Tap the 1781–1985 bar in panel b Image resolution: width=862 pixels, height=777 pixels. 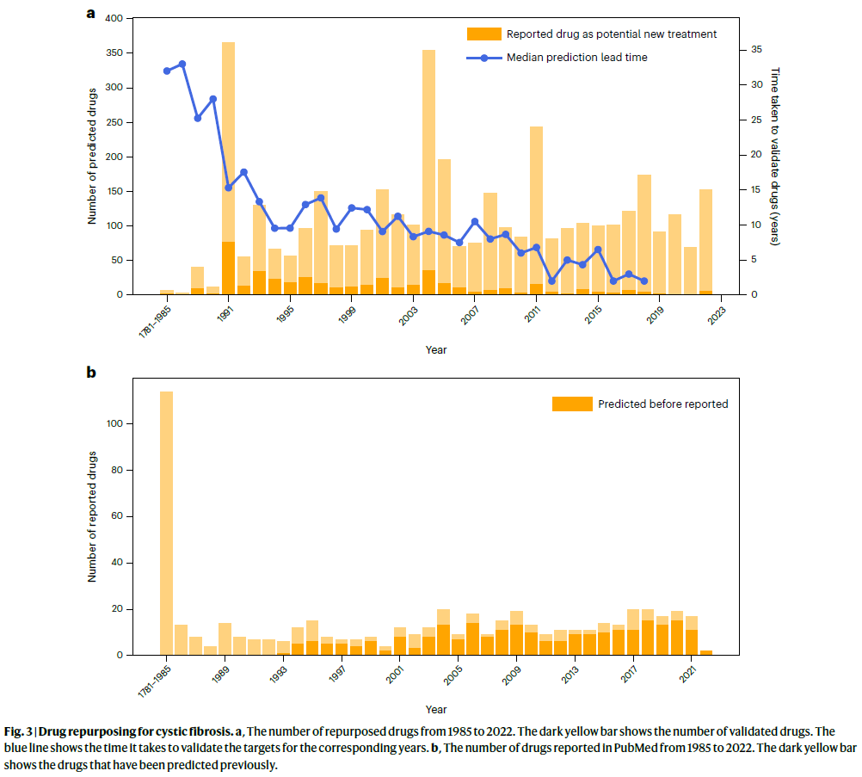coord(167,516)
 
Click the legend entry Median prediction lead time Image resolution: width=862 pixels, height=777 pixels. coord(576,58)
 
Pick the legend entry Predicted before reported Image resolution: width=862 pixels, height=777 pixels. coord(663,404)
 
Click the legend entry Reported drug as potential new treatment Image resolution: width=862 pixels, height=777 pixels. coord(611,34)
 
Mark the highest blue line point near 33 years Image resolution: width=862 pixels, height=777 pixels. coord(182,64)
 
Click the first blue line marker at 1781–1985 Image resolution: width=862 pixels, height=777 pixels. coord(167,71)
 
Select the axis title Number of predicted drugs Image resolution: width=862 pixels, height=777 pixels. coord(92,157)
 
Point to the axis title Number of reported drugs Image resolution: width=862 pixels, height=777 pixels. coord(92,516)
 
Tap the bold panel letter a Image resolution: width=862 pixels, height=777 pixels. coord(90,13)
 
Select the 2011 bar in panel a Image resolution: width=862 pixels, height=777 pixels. coord(536,207)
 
